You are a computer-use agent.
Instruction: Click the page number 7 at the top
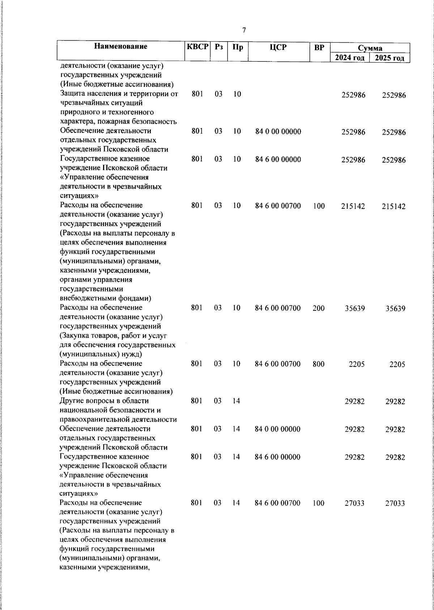[244, 30]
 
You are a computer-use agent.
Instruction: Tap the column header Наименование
[121, 46]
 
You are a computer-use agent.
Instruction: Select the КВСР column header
[197, 47]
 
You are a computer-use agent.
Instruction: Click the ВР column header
[319, 47]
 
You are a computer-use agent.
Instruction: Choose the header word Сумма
[370, 48]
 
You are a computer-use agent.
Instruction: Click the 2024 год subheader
[349, 58]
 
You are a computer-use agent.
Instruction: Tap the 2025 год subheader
[390, 58]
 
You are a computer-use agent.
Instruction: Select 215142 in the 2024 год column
[353, 206]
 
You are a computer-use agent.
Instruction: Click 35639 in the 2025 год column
[395, 309]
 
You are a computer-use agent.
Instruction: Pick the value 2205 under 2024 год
[357, 364]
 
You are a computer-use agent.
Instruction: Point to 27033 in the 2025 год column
[395, 503]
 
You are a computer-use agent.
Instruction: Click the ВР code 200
[319, 309]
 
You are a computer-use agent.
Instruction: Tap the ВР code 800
[319, 364]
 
